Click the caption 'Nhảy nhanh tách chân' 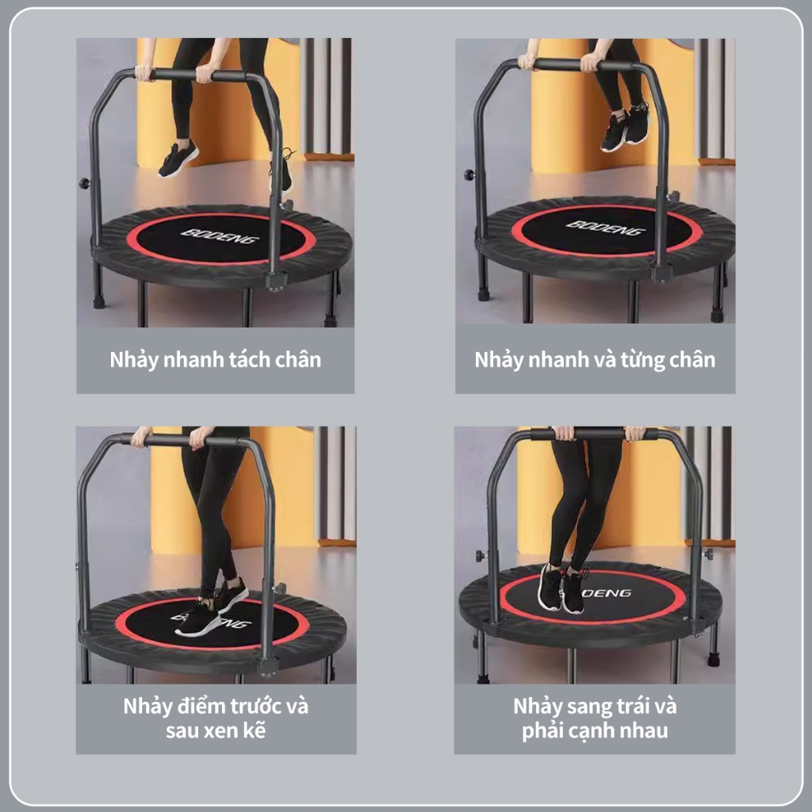pyautogui.click(x=216, y=360)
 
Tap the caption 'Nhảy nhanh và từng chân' pyautogui.click(x=595, y=360)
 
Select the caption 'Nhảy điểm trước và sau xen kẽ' pyautogui.click(x=216, y=718)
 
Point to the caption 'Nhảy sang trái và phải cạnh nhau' pyautogui.click(x=595, y=718)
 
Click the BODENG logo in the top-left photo pyautogui.click(x=220, y=236)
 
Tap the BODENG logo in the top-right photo pyautogui.click(x=606, y=228)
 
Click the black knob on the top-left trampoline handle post pyautogui.click(x=84, y=183)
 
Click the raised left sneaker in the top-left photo pyautogui.click(x=178, y=159)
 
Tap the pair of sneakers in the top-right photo pyautogui.click(x=625, y=126)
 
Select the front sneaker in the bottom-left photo pyautogui.click(x=197, y=619)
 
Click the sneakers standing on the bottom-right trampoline pyautogui.click(x=563, y=588)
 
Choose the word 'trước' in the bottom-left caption pyautogui.click(x=255, y=707)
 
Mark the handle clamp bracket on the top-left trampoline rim pyautogui.click(x=276, y=282)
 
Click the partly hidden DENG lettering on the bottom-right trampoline pyautogui.click(x=607, y=592)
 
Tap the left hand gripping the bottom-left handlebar pyautogui.click(x=141, y=438)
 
